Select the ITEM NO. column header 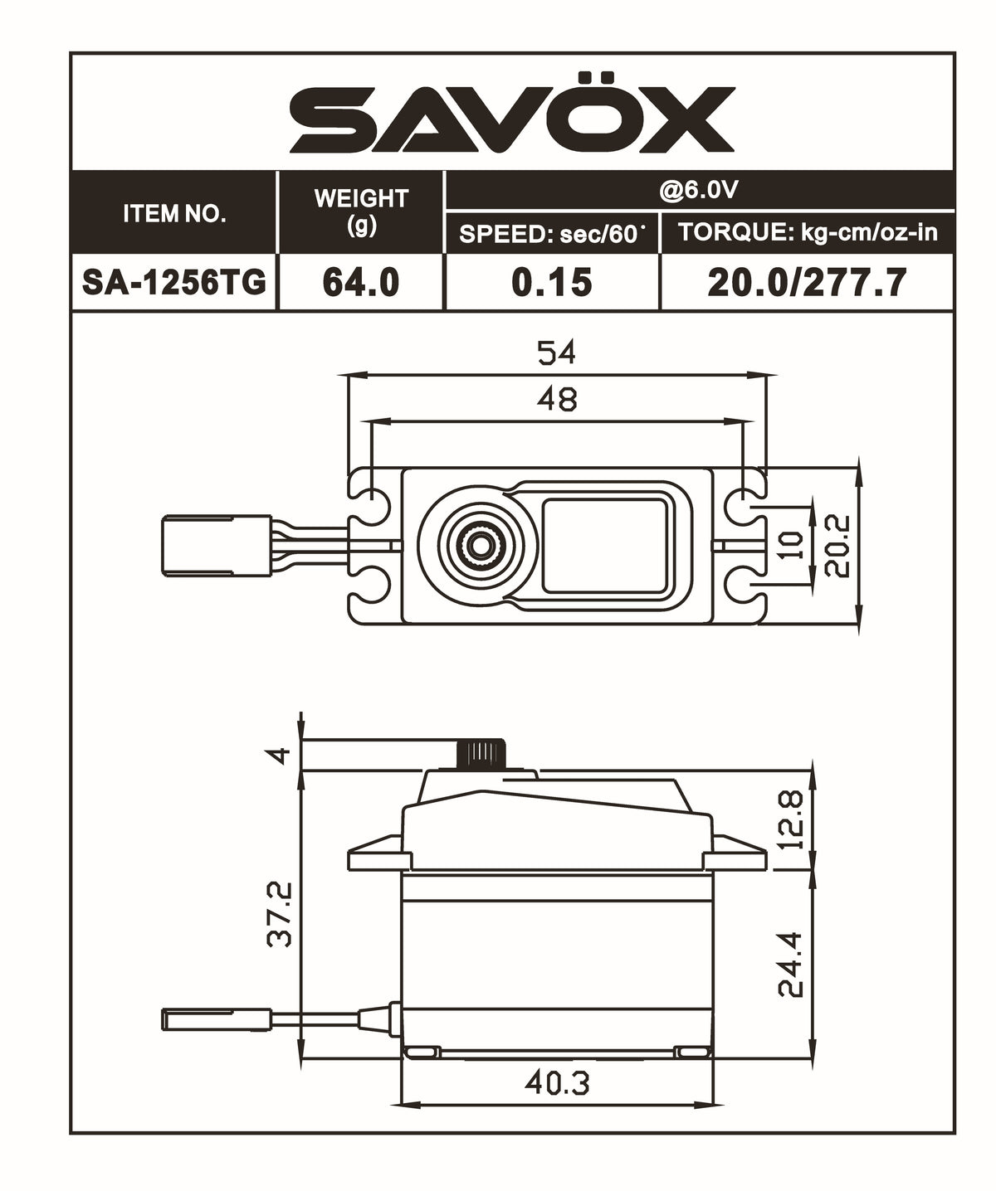pyautogui.click(x=174, y=213)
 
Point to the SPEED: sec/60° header pyautogui.click(x=552, y=234)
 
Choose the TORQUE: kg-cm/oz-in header pyautogui.click(x=808, y=232)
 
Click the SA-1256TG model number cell pyautogui.click(x=174, y=283)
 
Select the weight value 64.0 pyautogui.click(x=361, y=283)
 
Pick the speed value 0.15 pyautogui.click(x=552, y=283)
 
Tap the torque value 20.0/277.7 pyautogui.click(x=807, y=283)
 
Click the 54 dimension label pyautogui.click(x=556, y=353)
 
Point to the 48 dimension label pyautogui.click(x=556, y=400)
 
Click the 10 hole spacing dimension pyautogui.click(x=793, y=544)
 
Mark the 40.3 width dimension pyautogui.click(x=557, y=1083)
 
